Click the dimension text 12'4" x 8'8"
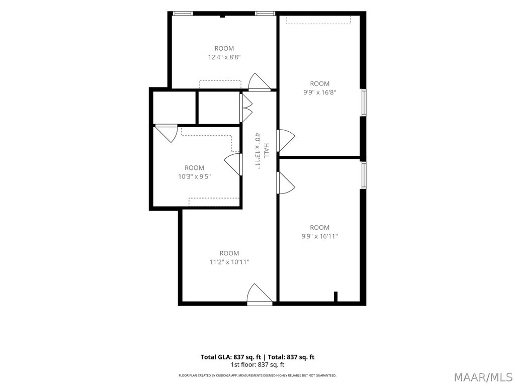click(224, 57)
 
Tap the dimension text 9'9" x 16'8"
click(319, 92)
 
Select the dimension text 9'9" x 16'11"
click(319, 236)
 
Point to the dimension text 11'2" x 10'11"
click(229, 262)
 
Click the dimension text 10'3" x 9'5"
click(194, 176)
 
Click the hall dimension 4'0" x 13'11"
click(258, 151)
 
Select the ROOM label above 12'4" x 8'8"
click(224, 48)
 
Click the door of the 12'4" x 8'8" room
click(260, 82)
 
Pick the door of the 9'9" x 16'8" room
click(286, 140)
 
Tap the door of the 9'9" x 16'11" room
click(286, 183)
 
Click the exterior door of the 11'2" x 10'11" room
click(260, 295)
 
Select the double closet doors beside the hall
click(246, 108)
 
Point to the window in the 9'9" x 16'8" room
click(364, 103)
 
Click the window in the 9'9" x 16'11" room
click(364, 175)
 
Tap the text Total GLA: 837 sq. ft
click(231, 357)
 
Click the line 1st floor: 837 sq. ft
click(257, 365)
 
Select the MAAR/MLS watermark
click(483, 377)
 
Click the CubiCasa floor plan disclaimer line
click(257, 375)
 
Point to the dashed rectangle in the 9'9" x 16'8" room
click(318, 20)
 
